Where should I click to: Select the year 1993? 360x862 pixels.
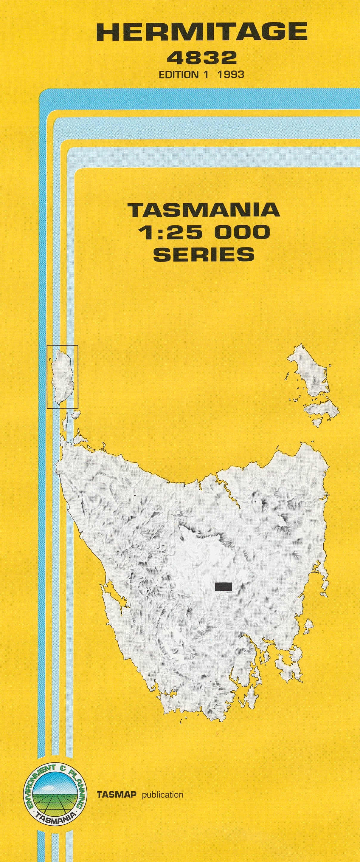(231, 74)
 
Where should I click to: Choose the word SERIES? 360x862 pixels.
(204, 254)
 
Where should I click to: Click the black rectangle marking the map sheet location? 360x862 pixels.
(224, 586)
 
